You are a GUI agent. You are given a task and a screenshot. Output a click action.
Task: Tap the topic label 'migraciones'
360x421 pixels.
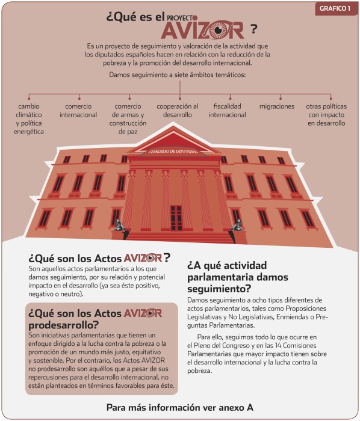[277, 106]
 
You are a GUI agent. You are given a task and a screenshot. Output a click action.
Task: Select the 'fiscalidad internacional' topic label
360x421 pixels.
[228, 111]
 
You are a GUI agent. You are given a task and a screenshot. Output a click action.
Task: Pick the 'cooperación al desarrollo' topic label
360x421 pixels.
[178, 111]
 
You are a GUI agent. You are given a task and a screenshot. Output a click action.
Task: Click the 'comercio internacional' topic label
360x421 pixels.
[78, 111]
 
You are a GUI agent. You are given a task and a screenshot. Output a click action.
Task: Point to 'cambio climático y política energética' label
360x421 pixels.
[29, 119]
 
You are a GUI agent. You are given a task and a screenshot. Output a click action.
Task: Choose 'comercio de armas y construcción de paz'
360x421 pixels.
[128, 119]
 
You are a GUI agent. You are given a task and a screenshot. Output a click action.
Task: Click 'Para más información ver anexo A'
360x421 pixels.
[180, 407]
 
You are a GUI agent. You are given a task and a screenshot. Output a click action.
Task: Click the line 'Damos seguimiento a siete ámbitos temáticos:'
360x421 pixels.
[178, 76]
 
